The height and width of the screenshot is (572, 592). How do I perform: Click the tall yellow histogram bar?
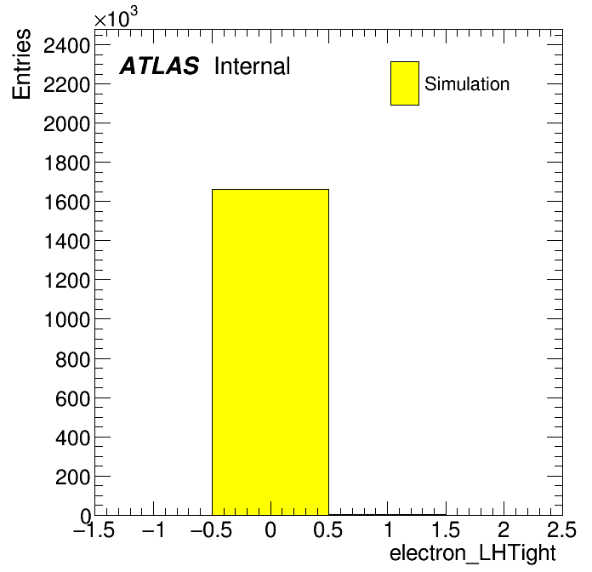(270, 352)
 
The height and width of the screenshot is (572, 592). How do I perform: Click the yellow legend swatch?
(405, 83)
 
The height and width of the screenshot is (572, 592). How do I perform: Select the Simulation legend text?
(467, 84)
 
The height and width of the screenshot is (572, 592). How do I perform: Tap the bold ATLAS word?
(159, 66)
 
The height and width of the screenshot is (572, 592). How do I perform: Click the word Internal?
(253, 66)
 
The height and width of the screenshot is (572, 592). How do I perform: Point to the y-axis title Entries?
(21, 64)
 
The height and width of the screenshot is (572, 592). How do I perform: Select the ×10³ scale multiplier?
(116, 18)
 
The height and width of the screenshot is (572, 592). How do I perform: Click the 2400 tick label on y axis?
(67, 47)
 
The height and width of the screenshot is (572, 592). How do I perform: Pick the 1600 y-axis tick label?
(67, 202)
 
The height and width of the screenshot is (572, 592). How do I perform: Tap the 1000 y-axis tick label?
(67, 320)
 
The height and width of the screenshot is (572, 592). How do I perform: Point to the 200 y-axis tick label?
(73, 477)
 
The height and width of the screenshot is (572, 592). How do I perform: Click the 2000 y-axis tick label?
(67, 124)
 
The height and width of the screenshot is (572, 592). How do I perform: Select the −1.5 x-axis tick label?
(94, 529)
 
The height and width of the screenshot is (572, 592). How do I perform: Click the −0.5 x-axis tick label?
(212, 529)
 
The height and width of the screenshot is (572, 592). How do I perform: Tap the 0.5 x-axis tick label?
(327, 529)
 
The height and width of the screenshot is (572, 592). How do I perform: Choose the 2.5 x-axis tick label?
(561, 529)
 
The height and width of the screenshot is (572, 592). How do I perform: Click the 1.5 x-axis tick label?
(446, 529)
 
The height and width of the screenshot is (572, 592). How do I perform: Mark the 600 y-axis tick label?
(73, 398)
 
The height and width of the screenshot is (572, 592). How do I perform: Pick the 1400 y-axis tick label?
(67, 242)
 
